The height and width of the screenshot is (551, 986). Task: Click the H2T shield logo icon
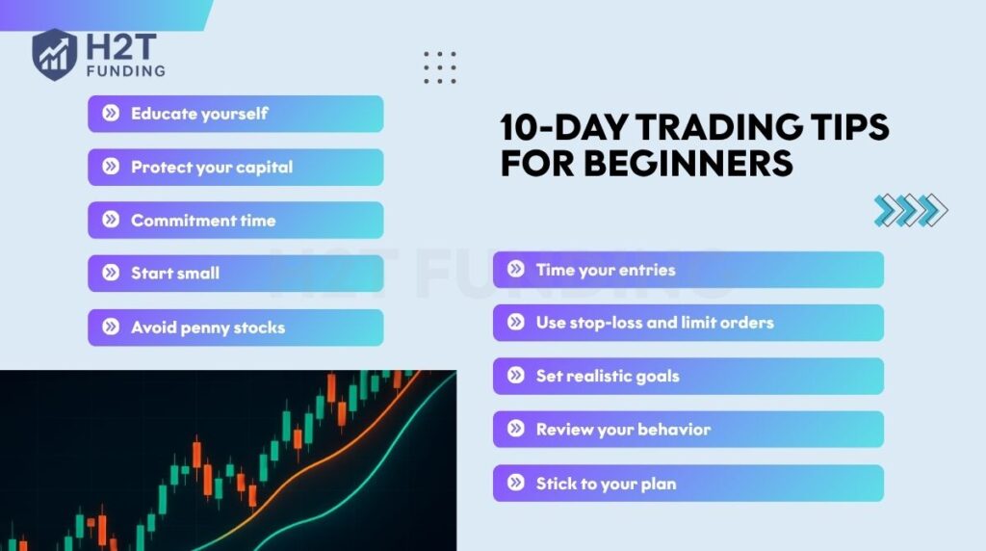[54, 54]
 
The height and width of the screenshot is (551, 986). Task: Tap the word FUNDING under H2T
[126, 70]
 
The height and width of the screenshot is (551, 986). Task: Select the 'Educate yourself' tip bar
[235, 114]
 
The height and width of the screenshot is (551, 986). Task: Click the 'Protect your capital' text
[212, 168]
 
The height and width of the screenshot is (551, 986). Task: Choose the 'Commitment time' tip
[235, 221]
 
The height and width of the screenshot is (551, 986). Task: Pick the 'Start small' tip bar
[235, 273]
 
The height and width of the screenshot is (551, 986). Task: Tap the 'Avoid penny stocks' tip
[235, 328]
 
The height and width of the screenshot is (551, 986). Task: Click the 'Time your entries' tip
[688, 270]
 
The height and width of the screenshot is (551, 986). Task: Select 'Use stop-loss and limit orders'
[688, 323]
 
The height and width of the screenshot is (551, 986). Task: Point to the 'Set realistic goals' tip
[688, 376]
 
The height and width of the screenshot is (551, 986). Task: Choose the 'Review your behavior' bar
[688, 429]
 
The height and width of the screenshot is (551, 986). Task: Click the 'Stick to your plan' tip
[688, 483]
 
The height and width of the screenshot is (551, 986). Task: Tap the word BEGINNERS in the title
[688, 163]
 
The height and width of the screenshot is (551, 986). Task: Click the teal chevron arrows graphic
[911, 210]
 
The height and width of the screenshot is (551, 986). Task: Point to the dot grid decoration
[439, 67]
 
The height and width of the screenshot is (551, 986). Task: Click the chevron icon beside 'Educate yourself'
[111, 114]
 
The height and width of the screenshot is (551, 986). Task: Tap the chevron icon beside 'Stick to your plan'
[516, 483]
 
